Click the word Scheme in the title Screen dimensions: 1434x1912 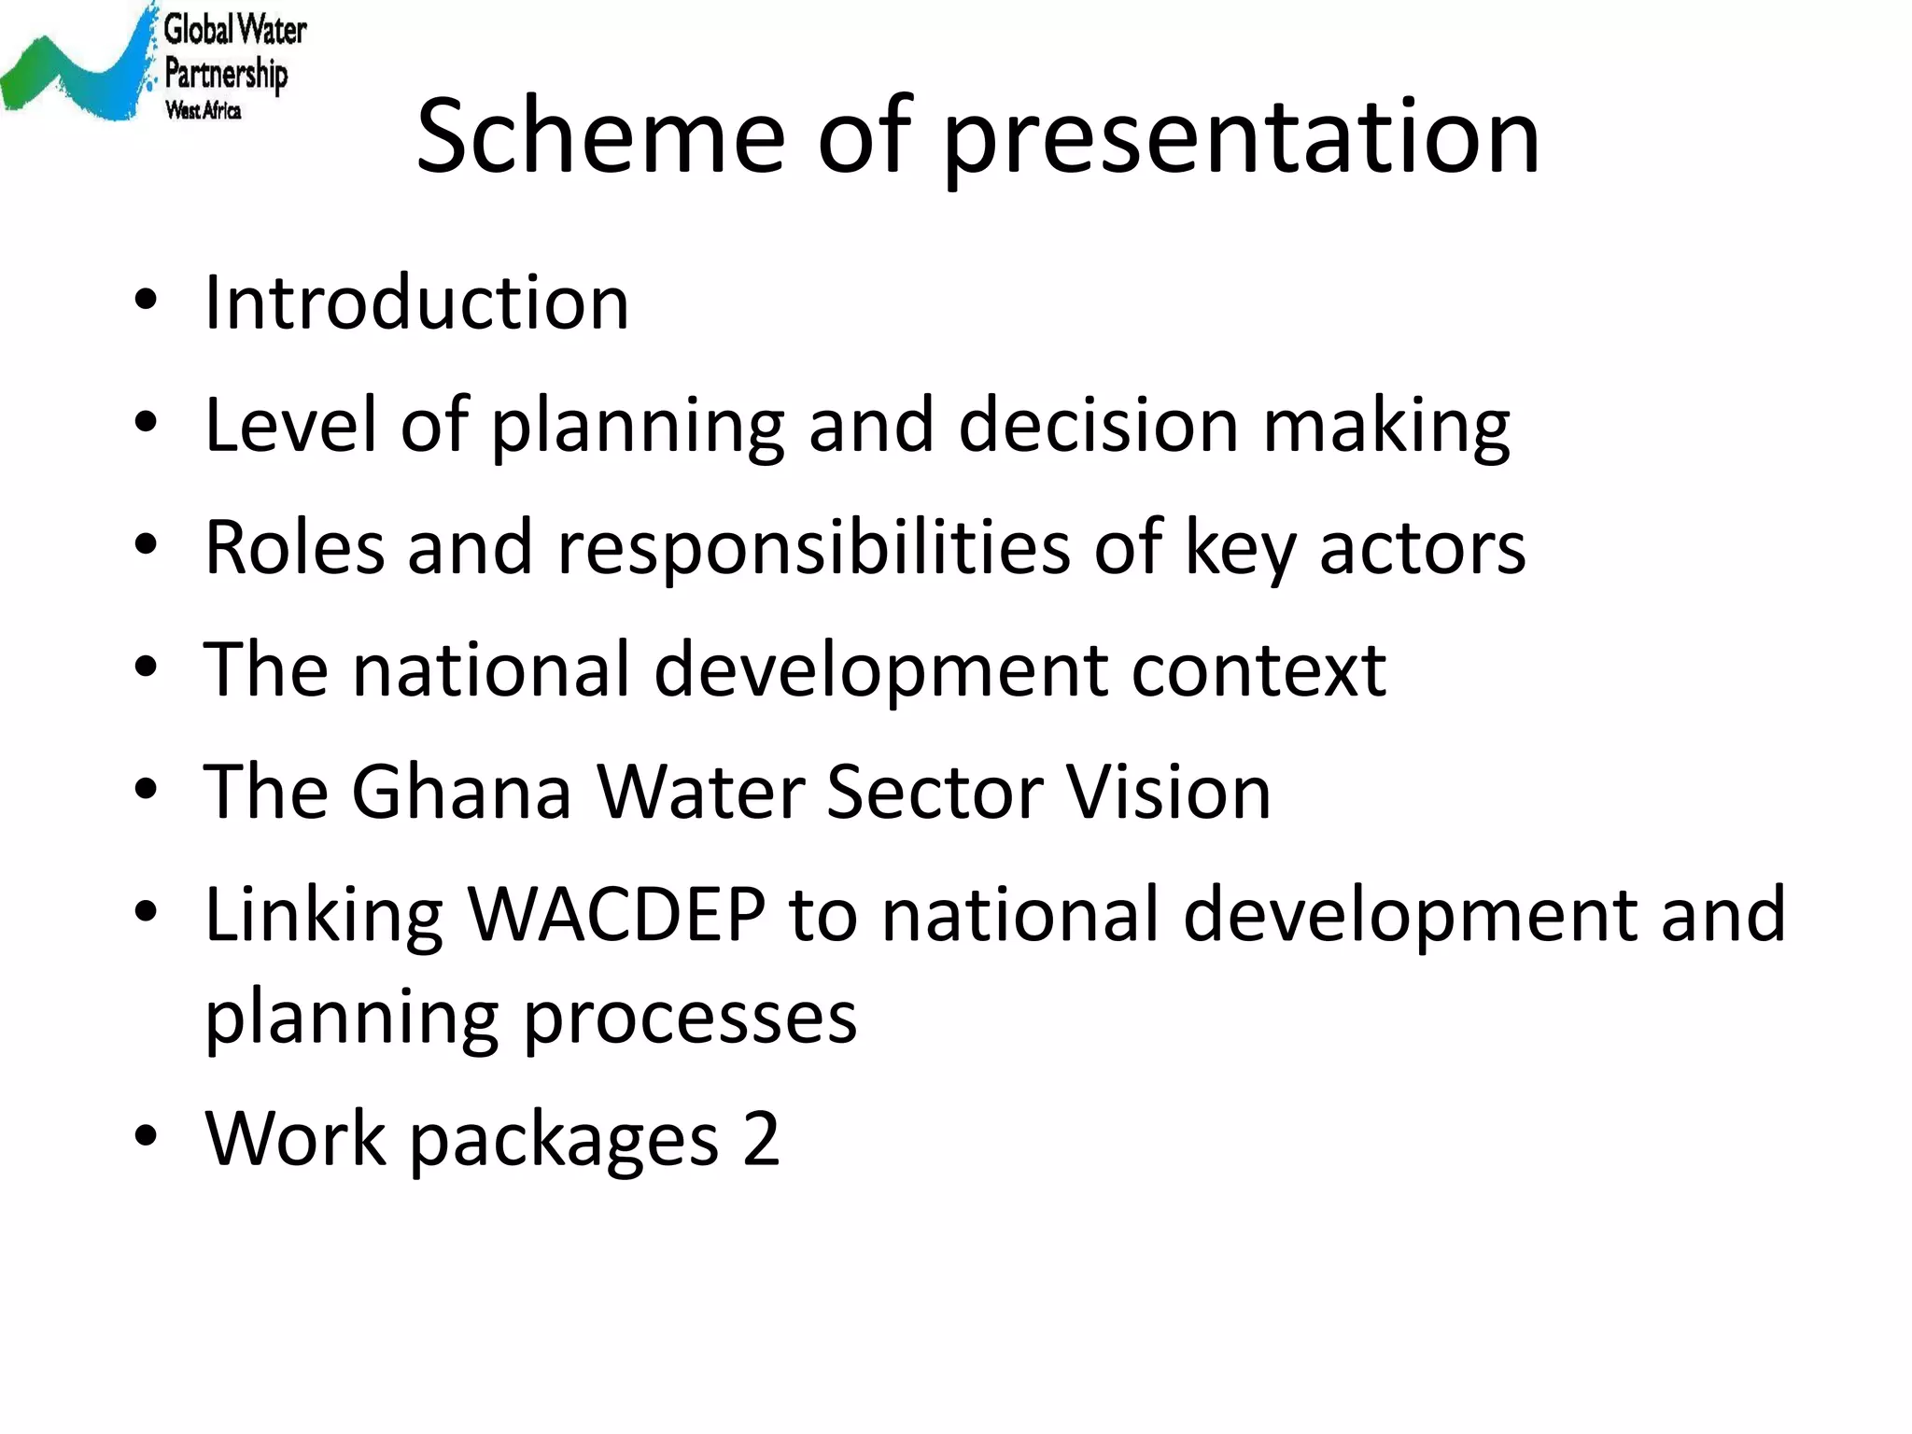pos(600,136)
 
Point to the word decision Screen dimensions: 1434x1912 pos(1098,426)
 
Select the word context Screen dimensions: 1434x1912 pos(1258,670)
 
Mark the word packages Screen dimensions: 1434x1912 pos(564,1141)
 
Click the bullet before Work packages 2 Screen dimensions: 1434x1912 pos(146,1136)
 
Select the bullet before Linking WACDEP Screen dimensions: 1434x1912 pos(146,911)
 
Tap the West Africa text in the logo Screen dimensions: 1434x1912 pos(203,111)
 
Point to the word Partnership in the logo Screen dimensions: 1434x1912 pos(226,73)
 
